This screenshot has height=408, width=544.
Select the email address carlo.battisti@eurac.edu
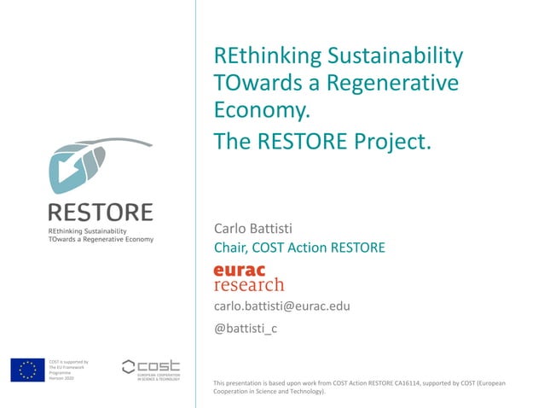click(281, 306)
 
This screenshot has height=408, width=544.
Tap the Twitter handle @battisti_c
click(246, 329)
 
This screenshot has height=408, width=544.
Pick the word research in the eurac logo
click(248, 284)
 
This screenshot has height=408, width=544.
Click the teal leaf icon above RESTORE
click(81, 167)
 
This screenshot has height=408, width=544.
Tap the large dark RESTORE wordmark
click(101, 213)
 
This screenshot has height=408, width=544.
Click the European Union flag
click(27, 370)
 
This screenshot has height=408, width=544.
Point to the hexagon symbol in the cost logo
click(129, 366)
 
